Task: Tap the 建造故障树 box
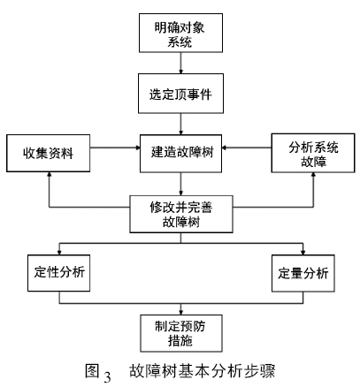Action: click(x=180, y=152)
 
